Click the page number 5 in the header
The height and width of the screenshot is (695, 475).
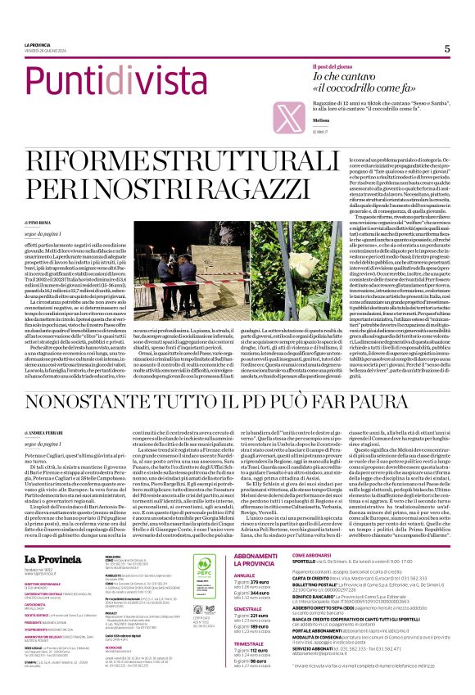(x=447, y=48)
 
